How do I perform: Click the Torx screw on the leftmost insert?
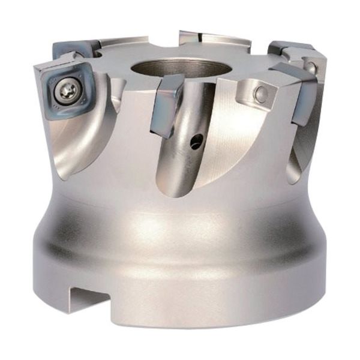(66, 92)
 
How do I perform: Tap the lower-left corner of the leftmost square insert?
(50, 116)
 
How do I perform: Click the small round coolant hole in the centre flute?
(194, 143)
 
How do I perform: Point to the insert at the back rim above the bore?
(204, 38)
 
